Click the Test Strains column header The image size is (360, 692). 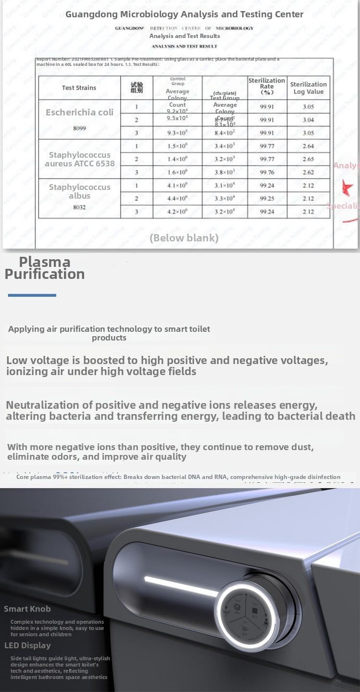coord(79,88)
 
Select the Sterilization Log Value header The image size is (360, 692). coord(308,88)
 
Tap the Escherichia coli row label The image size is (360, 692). coord(79,112)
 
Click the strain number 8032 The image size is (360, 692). coord(79,207)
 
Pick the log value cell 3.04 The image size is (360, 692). coord(308,120)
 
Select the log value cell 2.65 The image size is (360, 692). coord(308,159)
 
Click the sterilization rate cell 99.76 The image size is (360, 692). coord(267,172)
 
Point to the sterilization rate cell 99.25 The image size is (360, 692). coord(267,198)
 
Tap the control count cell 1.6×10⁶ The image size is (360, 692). coord(177,172)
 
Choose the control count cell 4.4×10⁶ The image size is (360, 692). coord(177,198)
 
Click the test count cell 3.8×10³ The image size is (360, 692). coord(224,172)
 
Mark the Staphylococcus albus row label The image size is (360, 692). coord(79,191)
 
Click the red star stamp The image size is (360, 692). coord(348,188)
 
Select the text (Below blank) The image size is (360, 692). coord(184,238)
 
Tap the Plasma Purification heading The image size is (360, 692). coord(45,268)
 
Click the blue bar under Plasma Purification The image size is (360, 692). coord(32,295)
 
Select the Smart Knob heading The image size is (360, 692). coord(27,609)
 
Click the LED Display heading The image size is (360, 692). coord(27,645)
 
